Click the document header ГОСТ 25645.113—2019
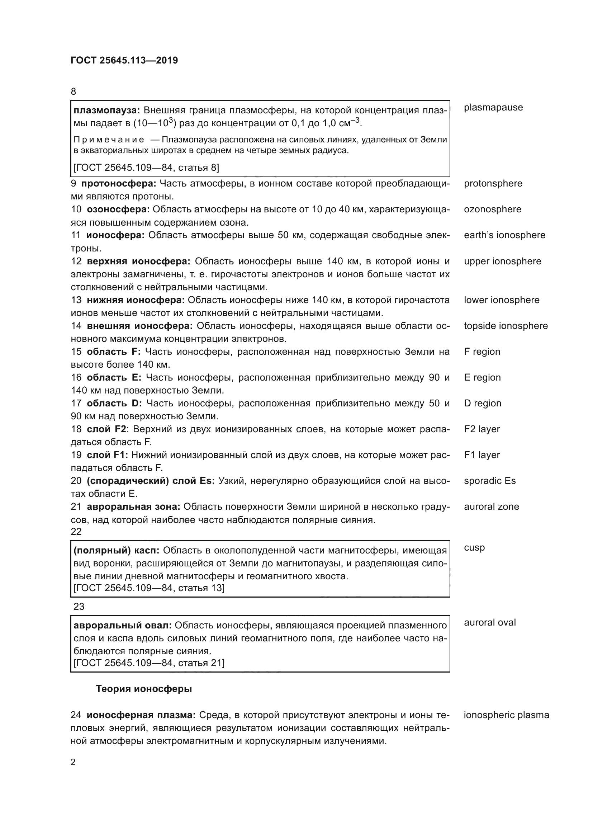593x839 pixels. click(124, 60)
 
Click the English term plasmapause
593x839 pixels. click(493, 108)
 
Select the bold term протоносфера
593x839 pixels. click(118, 183)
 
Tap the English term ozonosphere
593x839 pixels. click(492, 209)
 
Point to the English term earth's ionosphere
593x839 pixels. click(504, 235)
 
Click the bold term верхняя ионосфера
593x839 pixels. click(138, 261)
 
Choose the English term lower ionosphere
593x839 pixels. click(501, 300)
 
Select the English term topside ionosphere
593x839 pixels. click(506, 326)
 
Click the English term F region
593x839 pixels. click(482, 352)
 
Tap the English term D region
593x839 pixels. click(482, 404)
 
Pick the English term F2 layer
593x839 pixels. click(481, 429)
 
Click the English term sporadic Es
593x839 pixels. click(490, 481)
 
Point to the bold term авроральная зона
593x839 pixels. click(133, 507)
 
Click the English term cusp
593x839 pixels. click(474, 548)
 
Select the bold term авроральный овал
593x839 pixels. click(122, 625)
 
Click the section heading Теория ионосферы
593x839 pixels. click(144, 689)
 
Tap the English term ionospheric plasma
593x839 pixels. click(506, 715)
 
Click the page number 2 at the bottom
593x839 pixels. click(73, 762)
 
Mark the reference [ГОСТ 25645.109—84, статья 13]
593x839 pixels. click(149, 588)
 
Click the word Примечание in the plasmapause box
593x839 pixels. click(108, 140)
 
